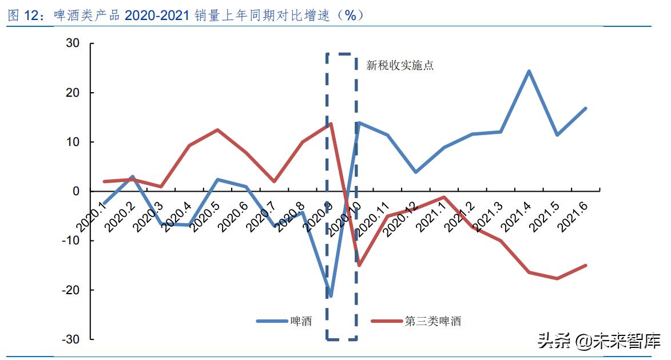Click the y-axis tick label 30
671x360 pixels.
pos(72,43)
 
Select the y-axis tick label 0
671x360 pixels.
pos(76,191)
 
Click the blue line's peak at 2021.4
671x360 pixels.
pos(529,71)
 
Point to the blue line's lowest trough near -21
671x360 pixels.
pos(331,296)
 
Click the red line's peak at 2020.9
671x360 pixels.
pos(331,124)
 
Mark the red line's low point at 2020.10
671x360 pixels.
pos(359,265)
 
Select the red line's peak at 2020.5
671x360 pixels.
pos(217,130)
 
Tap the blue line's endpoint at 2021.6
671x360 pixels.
pos(586,108)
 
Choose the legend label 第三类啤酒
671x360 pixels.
pos(432,322)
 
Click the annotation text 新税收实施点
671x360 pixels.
pos(400,65)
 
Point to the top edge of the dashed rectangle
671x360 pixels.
pos(342,54)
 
